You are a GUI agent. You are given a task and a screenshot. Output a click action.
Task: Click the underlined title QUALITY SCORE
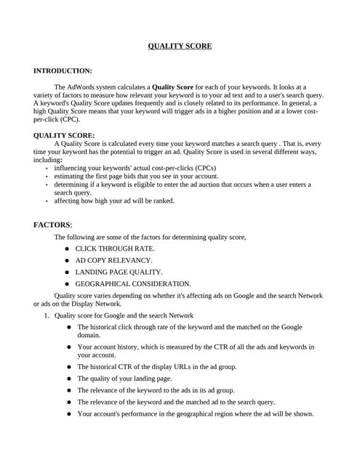180,46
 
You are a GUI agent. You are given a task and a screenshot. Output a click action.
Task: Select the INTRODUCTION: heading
63,71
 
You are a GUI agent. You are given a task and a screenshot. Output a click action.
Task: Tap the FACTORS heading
52,225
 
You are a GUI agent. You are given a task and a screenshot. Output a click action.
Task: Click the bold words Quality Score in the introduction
172,87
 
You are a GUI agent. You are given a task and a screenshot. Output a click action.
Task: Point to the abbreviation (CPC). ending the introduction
68,119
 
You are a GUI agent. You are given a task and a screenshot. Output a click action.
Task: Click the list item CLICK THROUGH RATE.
114,248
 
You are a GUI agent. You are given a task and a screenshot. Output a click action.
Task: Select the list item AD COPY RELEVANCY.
113,260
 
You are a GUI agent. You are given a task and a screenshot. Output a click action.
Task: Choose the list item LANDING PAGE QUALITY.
119,272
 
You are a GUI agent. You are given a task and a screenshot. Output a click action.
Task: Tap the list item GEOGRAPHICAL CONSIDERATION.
133,283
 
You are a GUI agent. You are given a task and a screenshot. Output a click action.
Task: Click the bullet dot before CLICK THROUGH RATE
66,248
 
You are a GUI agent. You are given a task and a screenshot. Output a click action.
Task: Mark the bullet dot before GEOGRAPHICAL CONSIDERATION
66,283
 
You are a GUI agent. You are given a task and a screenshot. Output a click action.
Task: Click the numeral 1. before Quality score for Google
46,315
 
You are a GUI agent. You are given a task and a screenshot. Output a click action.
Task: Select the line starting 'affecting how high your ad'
114,201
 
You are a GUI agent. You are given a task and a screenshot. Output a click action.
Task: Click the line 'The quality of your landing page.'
124,379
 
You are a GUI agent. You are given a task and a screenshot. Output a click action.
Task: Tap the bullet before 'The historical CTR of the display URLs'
69,367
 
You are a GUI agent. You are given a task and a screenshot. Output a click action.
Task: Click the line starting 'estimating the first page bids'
136,176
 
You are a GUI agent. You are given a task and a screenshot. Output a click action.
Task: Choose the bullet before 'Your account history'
69,347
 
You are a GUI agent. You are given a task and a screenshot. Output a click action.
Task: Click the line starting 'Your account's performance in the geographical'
195,413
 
